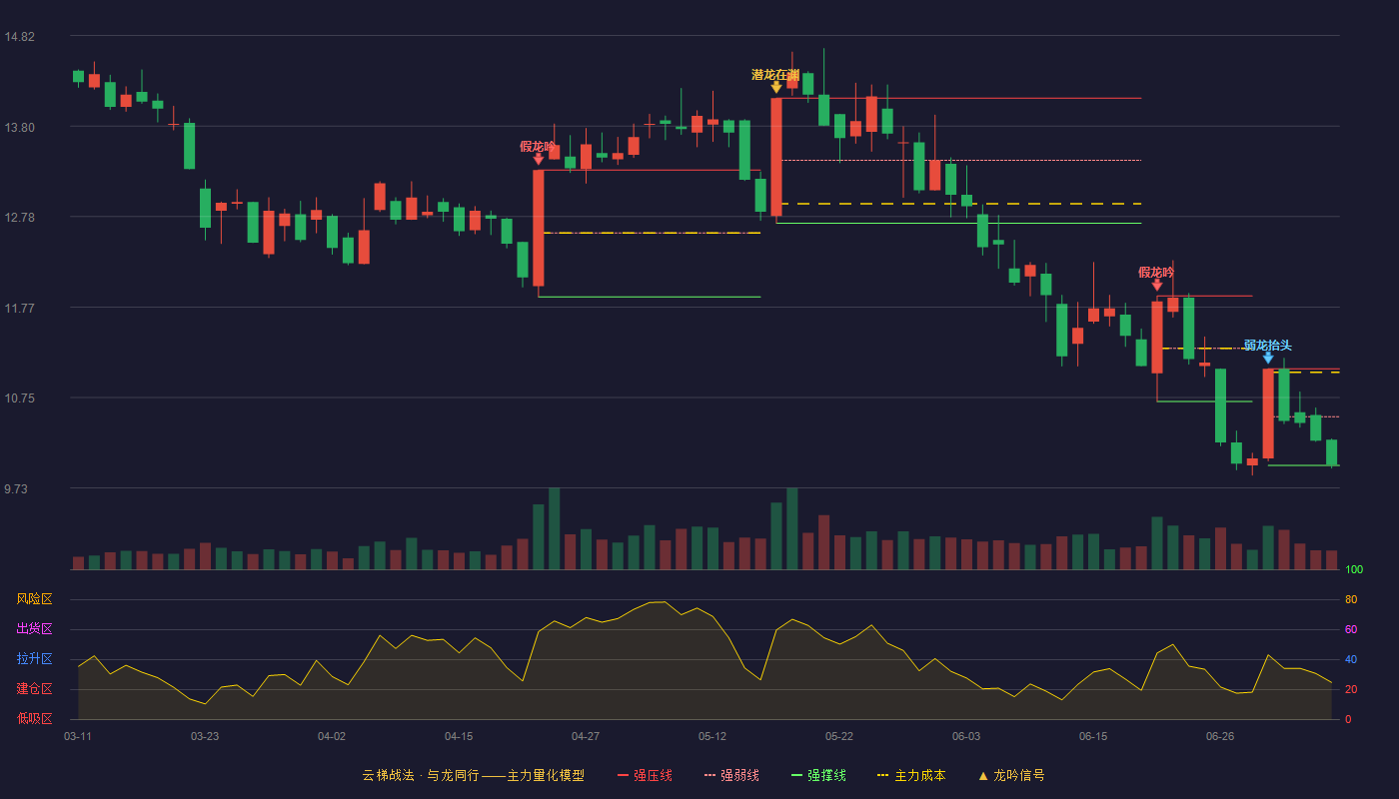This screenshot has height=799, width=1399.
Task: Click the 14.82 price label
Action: coord(19,37)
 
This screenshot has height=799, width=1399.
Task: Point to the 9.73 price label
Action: coord(16,488)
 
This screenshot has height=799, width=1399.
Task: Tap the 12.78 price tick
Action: coord(19,218)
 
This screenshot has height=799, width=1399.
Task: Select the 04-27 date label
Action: coord(586,737)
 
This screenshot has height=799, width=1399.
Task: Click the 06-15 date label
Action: coord(1093,737)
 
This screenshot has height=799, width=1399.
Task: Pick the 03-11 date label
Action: coord(78,737)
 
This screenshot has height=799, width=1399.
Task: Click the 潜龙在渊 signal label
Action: coord(775,75)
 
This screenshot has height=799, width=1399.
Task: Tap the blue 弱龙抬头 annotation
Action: coord(1267,346)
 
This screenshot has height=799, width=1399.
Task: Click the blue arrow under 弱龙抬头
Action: coord(1268,358)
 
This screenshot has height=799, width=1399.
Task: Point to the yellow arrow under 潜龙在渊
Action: coord(776,88)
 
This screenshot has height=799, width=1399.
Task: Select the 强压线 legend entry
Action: coord(645,775)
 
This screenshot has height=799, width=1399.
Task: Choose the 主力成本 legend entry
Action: coord(911,775)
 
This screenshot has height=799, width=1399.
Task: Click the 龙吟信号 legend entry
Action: coord(1011,775)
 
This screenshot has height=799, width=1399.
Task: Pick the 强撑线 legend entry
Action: coord(818,775)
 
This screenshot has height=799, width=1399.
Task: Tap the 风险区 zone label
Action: coord(34,599)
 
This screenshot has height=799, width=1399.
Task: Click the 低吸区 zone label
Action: coord(34,719)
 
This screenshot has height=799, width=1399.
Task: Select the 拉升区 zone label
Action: coord(34,659)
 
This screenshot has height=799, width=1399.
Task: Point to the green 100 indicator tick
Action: coord(1354,569)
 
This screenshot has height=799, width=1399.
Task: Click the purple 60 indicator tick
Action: coord(1351,629)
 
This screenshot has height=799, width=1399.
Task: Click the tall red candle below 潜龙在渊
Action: coord(776,158)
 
